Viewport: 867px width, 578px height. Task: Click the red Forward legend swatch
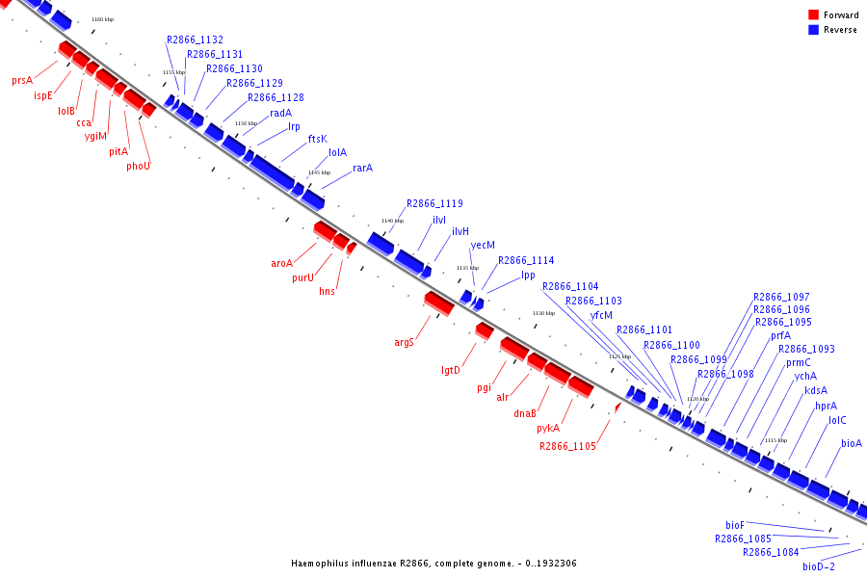[813, 15]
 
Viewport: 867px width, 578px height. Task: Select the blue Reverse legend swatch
[813, 30]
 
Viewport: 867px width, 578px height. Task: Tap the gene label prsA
[22, 81]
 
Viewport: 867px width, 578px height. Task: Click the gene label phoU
[139, 165]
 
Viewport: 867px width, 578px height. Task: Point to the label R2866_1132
[195, 40]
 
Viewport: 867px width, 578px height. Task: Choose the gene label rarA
[362, 169]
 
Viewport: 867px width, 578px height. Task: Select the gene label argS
[404, 342]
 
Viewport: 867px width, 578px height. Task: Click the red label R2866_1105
[567, 446]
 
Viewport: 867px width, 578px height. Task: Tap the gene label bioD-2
[819, 566]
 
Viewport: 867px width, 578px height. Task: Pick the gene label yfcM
[601, 315]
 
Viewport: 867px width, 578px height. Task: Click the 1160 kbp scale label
[101, 19]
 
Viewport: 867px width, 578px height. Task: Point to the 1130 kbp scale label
[544, 313]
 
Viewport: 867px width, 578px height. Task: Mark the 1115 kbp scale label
[775, 440]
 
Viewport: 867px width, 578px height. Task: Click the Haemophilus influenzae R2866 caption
[433, 563]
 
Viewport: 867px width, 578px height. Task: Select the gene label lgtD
[451, 370]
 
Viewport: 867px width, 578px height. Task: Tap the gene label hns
[328, 291]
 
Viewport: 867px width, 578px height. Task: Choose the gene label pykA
[548, 428]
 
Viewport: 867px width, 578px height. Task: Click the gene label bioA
[852, 444]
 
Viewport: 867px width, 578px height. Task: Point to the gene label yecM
[483, 246]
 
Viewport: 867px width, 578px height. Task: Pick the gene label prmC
[799, 363]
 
